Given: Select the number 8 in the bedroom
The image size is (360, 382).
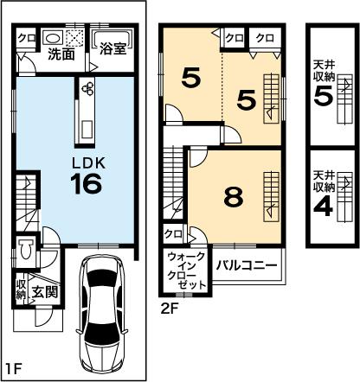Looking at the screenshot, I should pos(231,197).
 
